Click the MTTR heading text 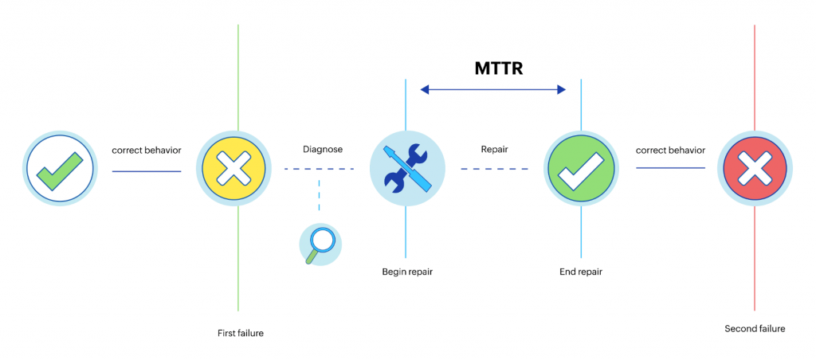click(x=498, y=68)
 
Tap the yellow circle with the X click(x=233, y=168)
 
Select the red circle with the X click(x=755, y=168)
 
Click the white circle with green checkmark click(x=60, y=168)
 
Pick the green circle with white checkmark click(x=581, y=168)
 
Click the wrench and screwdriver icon click(x=407, y=168)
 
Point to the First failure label click(x=241, y=333)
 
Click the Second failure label click(x=755, y=329)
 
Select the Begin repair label click(x=407, y=272)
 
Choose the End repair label click(x=581, y=272)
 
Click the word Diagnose click(x=323, y=149)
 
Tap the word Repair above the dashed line click(x=494, y=149)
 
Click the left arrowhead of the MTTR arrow click(x=424, y=89)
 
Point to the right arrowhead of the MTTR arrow click(x=562, y=89)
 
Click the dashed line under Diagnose click(x=319, y=169)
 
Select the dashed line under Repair click(x=494, y=169)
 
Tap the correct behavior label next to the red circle click(x=671, y=151)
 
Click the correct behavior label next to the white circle click(x=147, y=151)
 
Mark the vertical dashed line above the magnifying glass click(x=319, y=195)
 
